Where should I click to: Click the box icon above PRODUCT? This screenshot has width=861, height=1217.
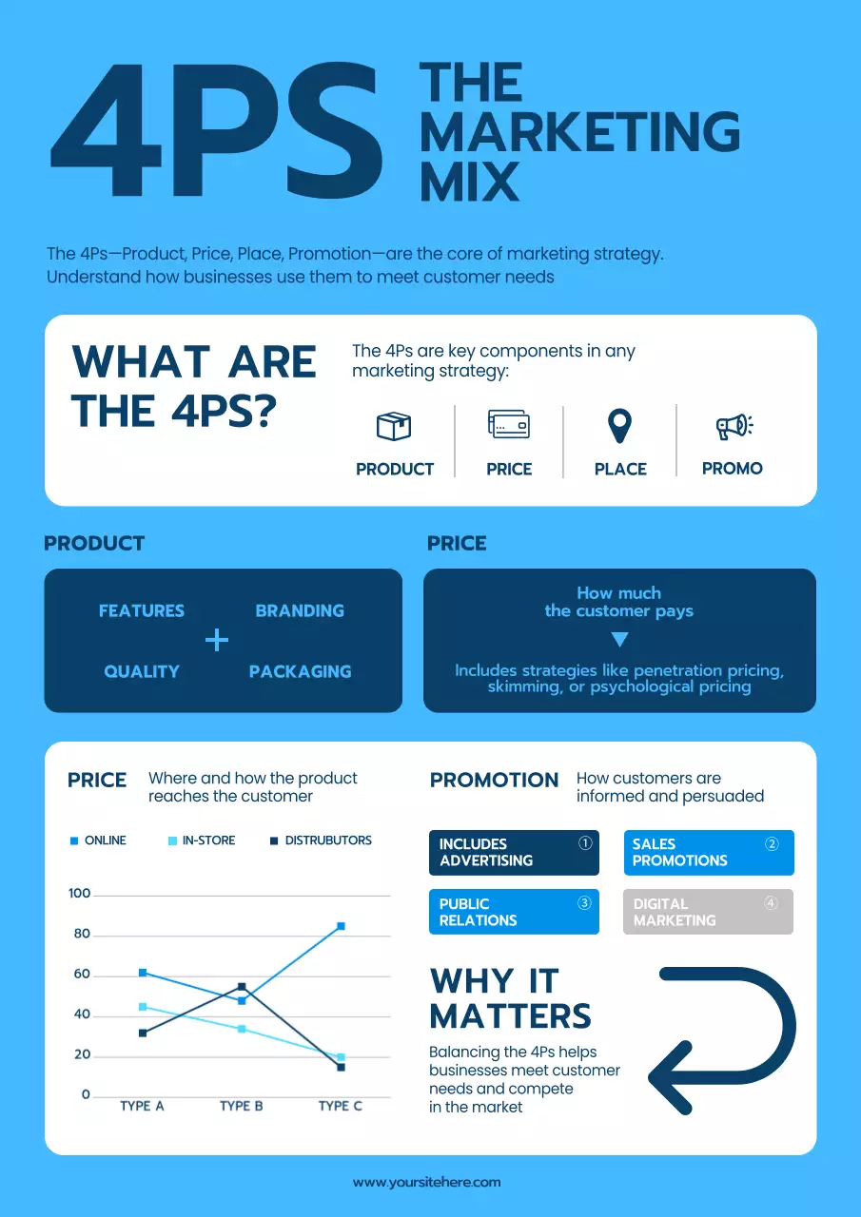point(394,425)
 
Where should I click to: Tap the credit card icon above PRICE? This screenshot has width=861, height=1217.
point(509,424)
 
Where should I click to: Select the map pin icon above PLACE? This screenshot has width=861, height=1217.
point(620,426)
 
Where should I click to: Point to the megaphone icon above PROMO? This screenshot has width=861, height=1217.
point(734,426)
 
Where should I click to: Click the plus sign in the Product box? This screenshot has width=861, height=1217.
point(217,641)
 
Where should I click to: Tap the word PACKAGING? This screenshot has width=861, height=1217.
point(300,671)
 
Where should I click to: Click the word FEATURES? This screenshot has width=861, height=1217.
point(142,610)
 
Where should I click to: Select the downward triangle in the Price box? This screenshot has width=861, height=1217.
point(619,639)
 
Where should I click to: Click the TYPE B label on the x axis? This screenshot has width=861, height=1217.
point(241,1106)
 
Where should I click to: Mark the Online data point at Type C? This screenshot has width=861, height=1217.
point(341,925)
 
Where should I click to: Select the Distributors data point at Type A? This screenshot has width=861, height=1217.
point(143,1033)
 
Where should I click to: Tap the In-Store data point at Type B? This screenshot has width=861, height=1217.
point(242,1029)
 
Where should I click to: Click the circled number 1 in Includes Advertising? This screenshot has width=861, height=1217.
point(585,842)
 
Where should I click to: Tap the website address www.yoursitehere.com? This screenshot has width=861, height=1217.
point(426,1182)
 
